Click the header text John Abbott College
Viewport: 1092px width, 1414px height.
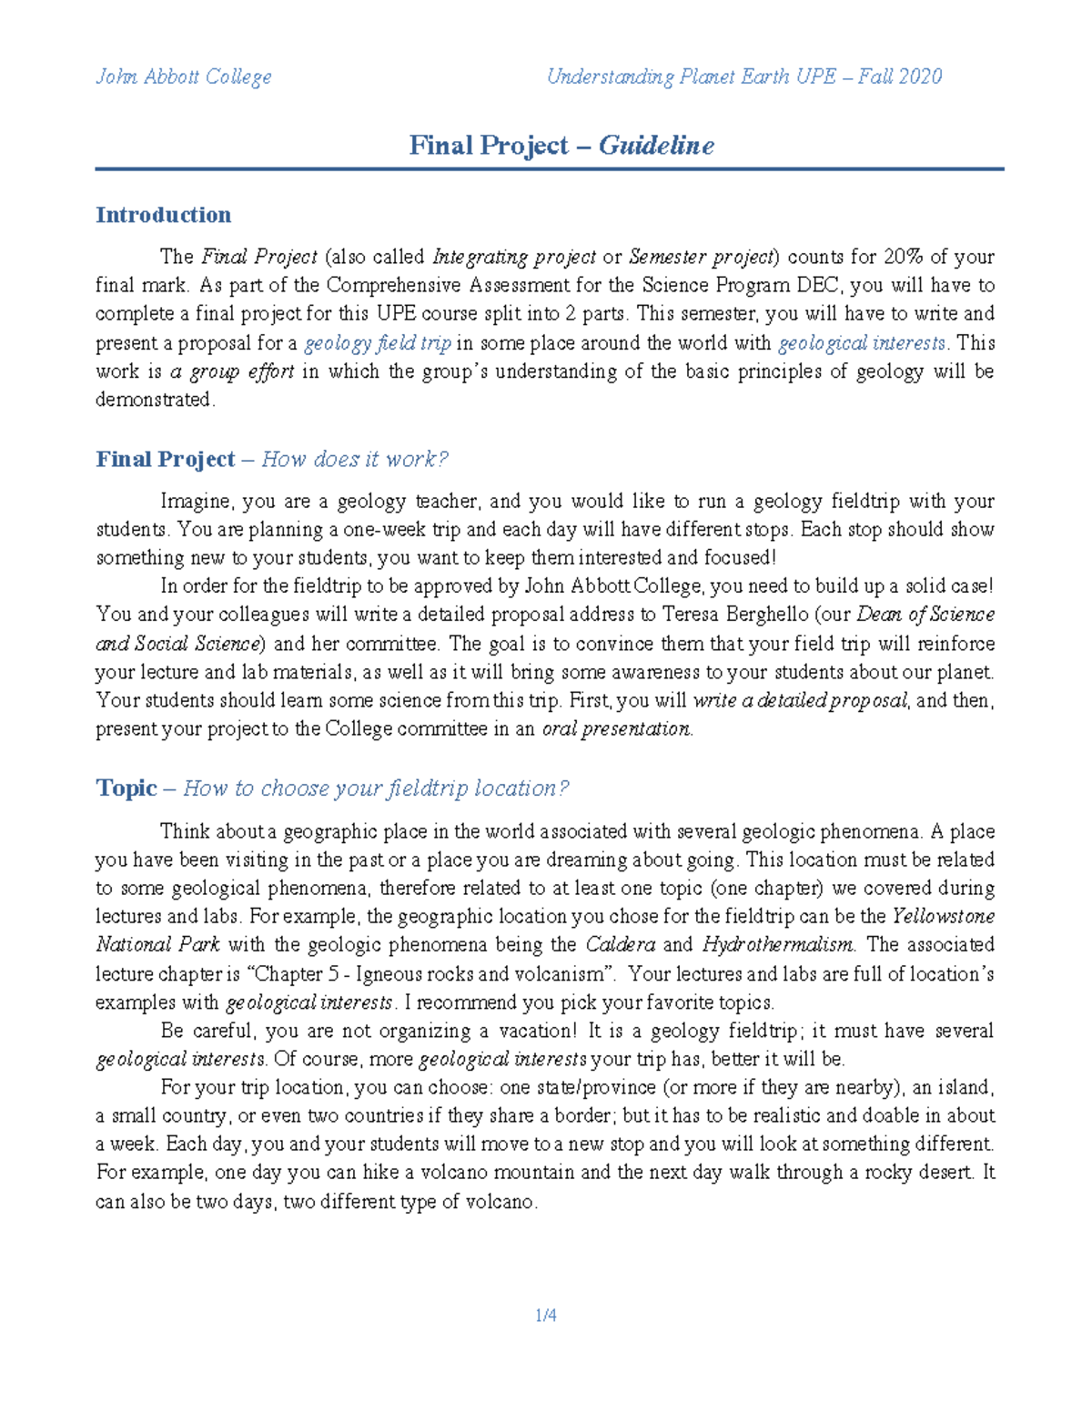coord(183,76)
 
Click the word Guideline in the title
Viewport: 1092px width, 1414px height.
coord(656,146)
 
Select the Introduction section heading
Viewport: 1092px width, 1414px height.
coord(163,215)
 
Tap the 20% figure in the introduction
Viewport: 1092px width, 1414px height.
coord(903,257)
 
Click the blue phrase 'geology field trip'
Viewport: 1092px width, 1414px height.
coord(377,343)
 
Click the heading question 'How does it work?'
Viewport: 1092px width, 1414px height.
coord(355,459)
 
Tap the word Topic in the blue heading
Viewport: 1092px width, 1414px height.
coord(126,788)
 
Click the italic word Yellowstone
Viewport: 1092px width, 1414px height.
coord(943,916)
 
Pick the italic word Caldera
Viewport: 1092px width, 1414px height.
coord(620,945)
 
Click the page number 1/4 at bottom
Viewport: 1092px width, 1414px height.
coord(546,1316)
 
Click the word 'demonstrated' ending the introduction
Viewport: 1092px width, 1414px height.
coord(154,400)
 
